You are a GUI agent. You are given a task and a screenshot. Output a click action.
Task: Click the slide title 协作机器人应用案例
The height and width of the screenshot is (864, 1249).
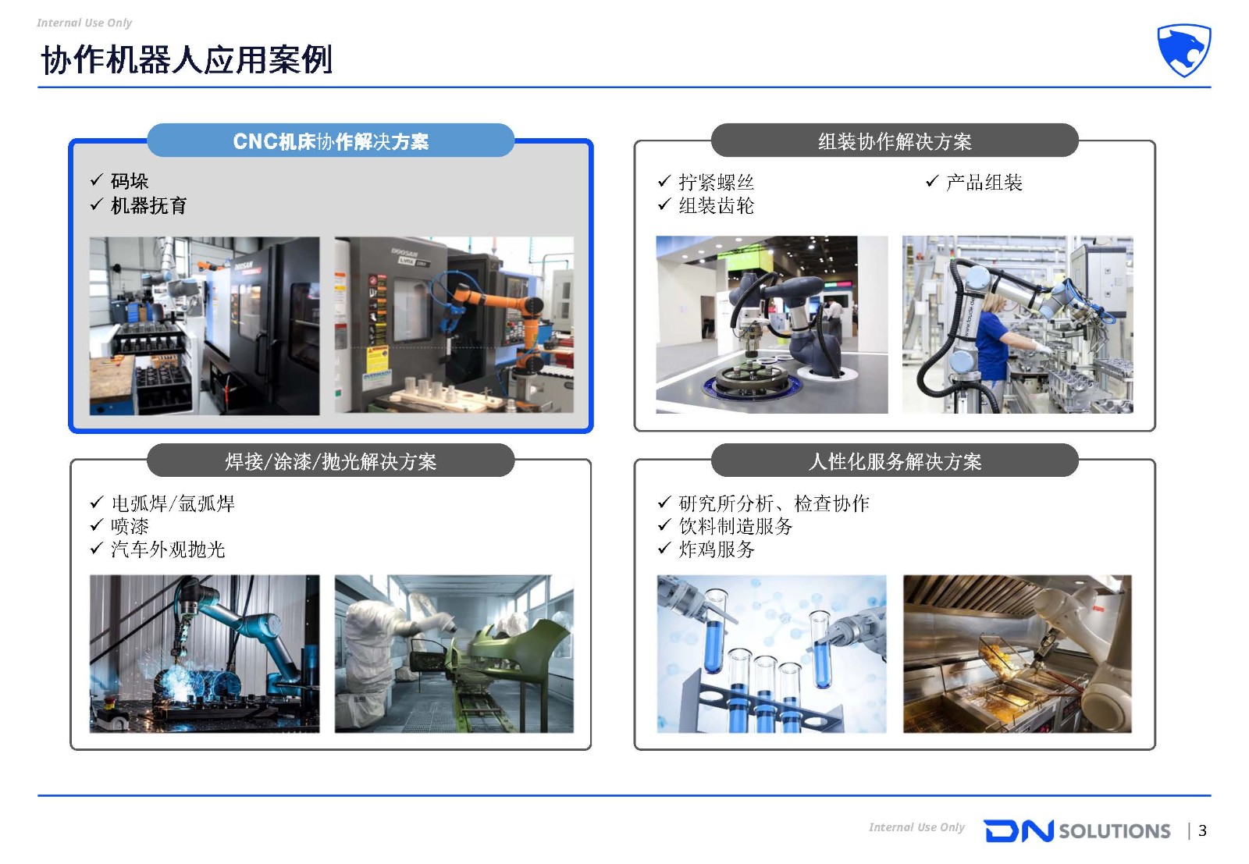coord(187,59)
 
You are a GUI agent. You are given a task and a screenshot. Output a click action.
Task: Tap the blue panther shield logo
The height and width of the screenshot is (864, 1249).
coord(1183,50)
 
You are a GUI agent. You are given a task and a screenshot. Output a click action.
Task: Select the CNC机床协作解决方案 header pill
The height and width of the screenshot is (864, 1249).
coord(331,140)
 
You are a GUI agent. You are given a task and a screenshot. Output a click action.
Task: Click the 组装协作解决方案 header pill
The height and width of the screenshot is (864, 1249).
coord(895,140)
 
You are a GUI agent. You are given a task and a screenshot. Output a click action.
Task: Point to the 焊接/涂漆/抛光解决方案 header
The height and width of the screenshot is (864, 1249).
coord(331,460)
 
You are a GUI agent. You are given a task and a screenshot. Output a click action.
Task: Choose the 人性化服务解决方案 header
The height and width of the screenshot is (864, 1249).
coord(895,460)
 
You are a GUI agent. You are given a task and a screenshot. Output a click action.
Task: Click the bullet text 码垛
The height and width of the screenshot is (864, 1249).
coord(130,181)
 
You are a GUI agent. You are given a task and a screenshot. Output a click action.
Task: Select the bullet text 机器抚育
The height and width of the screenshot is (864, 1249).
coord(148,206)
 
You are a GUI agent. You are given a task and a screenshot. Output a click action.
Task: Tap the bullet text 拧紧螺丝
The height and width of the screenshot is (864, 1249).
coord(717,182)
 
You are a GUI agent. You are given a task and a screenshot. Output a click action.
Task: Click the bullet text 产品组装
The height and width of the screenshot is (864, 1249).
coord(984,182)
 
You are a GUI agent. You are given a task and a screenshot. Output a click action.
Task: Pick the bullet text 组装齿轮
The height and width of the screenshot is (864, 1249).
coord(717,206)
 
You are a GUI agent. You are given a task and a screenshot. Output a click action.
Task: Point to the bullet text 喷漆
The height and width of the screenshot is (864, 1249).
coord(130,525)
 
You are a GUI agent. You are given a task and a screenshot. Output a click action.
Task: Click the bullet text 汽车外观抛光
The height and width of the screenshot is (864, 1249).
coord(168,549)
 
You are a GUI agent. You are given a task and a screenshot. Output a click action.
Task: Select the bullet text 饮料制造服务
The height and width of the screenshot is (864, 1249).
coord(735,525)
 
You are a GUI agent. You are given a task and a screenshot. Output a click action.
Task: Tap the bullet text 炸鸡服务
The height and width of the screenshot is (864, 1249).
coord(717,549)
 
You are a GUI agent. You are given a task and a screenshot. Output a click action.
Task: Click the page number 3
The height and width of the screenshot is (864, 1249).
coord(1203,830)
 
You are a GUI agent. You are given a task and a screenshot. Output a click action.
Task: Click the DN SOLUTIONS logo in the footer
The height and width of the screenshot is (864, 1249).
coord(1077,830)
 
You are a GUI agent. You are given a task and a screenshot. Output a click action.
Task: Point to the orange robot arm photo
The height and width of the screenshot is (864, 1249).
coord(454,325)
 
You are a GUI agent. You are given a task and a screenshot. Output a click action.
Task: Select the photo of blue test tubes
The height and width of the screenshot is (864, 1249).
coord(772,654)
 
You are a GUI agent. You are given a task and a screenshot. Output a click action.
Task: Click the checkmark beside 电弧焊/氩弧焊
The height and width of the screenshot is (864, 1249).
coord(97,502)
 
